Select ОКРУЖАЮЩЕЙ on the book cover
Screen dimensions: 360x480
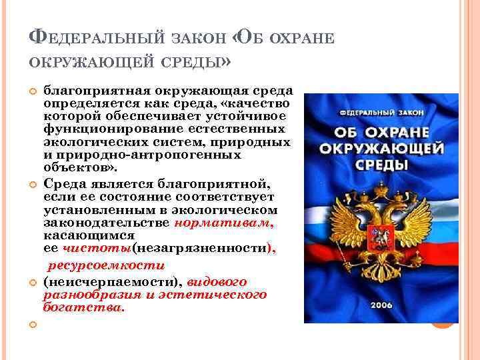pos(380,146)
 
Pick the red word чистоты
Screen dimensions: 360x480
pos(97,248)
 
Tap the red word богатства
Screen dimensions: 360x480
pos(83,307)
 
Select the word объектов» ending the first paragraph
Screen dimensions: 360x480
pos(72,166)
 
